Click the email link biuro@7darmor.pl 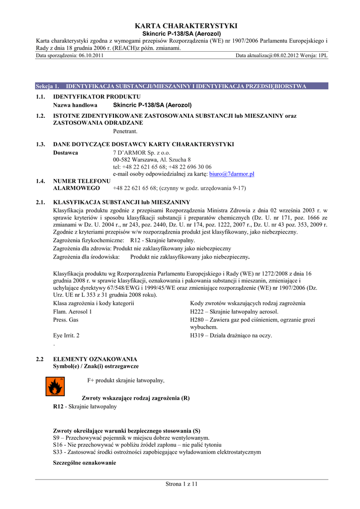pyautogui.click(x=232, y=174)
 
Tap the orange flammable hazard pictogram pyautogui.click(x=55, y=386)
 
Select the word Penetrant pyautogui.click(x=125, y=132)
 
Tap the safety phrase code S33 pyautogui.click(x=58, y=452)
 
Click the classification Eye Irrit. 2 pyautogui.click(x=66, y=336)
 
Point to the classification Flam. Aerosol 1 pyautogui.click(x=72, y=312)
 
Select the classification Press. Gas pyautogui.click(x=66, y=320)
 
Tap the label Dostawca pyautogui.click(x=65, y=153)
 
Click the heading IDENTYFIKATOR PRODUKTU pyautogui.click(x=96, y=96)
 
